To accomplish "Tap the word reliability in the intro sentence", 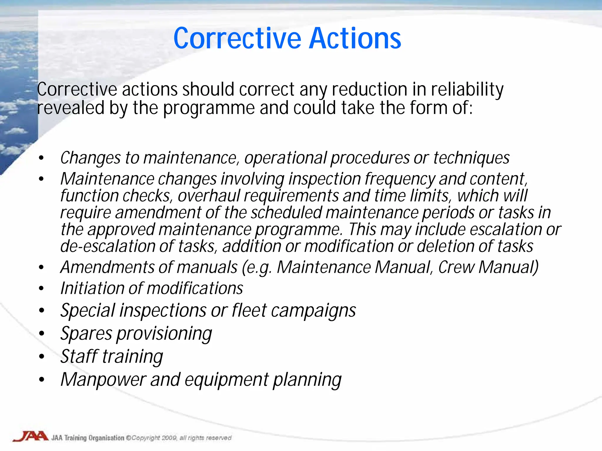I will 467,90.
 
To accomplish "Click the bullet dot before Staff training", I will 42,356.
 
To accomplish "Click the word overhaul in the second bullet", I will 209,196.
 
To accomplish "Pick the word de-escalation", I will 108,246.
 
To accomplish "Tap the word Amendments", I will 107,267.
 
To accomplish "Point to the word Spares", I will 86,334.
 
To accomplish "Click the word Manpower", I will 103,379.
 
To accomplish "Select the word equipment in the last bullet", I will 226,379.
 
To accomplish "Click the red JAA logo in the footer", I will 30,436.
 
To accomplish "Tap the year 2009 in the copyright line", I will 169,438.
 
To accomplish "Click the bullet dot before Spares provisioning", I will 42,334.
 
